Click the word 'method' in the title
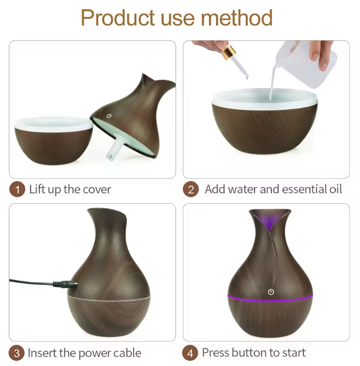click(237, 18)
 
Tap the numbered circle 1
click(17, 190)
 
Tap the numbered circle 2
click(191, 190)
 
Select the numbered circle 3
click(17, 353)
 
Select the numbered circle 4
click(191, 353)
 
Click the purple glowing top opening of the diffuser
click(270, 220)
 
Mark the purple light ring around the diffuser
click(293, 297)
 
